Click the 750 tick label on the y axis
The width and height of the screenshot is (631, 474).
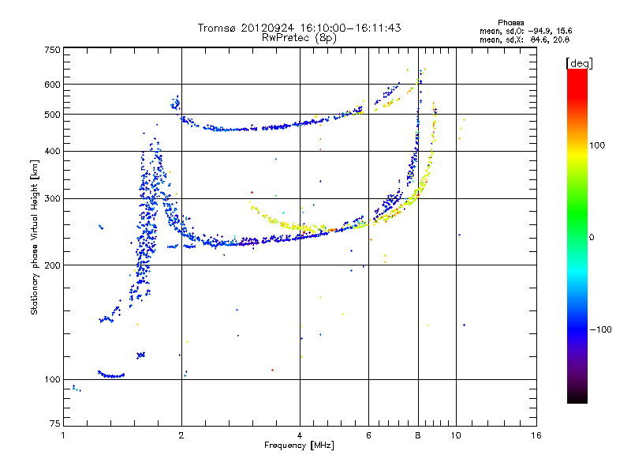point(52,49)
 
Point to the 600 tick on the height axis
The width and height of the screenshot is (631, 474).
point(52,84)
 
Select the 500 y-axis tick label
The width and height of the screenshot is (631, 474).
point(52,115)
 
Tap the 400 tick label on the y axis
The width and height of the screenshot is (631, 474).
point(52,151)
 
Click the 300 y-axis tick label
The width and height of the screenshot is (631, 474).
point(52,198)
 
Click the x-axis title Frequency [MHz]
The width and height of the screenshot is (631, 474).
point(299,446)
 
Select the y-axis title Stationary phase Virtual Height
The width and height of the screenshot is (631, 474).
point(34,237)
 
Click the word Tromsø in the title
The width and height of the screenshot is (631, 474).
point(218,28)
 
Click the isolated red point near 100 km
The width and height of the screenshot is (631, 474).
point(272,370)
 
